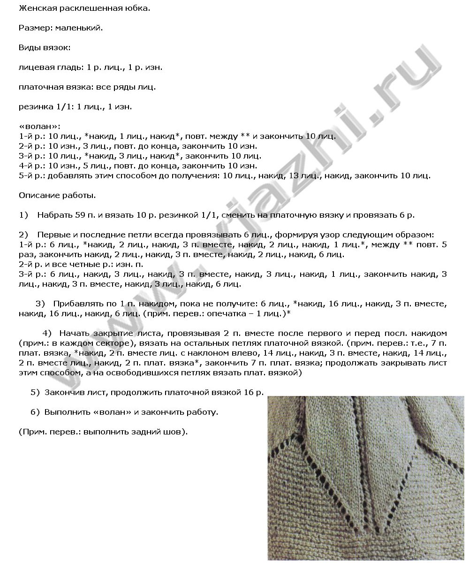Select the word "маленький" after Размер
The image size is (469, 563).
click(78, 28)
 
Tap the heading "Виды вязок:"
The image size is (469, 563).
click(45, 47)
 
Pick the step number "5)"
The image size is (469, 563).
click(35, 392)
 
